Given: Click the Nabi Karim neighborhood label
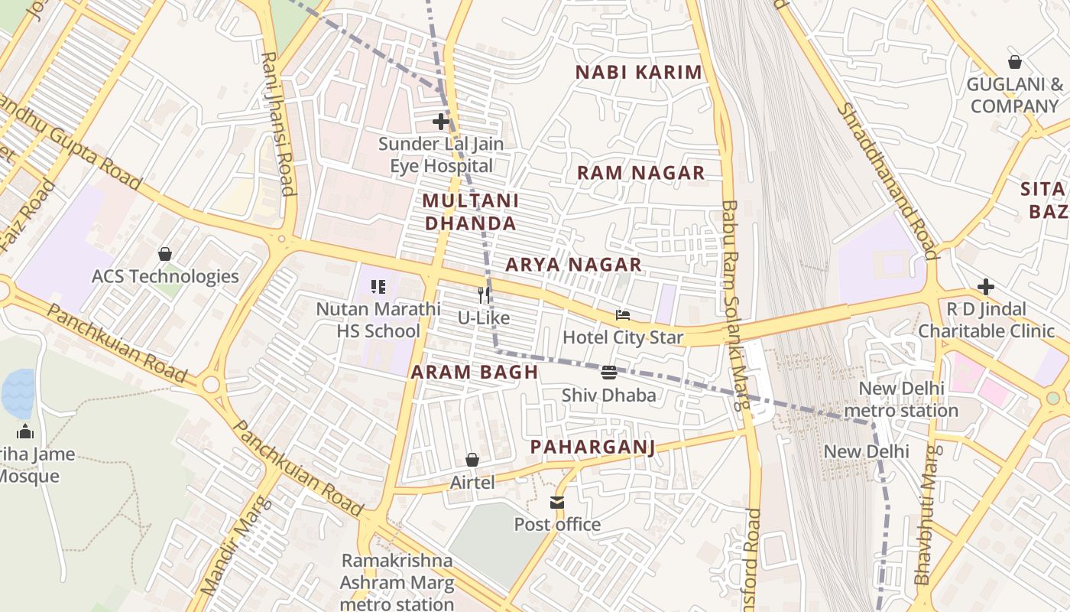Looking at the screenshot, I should click(x=638, y=73).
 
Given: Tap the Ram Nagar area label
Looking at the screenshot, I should click(x=640, y=173).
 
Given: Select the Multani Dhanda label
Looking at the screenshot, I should click(x=470, y=212).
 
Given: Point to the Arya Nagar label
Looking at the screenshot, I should click(x=573, y=265).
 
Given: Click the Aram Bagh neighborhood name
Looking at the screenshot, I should click(x=475, y=373).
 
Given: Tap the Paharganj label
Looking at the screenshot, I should click(x=593, y=447).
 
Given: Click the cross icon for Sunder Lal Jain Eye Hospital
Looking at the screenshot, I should click(x=441, y=121).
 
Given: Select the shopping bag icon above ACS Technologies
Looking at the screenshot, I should click(x=165, y=254).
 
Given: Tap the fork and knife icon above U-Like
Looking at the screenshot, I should click(x=483, y=295).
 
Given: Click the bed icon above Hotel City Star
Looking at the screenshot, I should click(x=623, y=314).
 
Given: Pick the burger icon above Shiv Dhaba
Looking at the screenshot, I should click(x=609, y=373).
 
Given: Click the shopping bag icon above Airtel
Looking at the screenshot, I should click(x=472, y=460).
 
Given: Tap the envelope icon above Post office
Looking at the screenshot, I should click(x=557, y=503).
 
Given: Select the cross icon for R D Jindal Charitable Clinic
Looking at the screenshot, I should click(x=986, y=287).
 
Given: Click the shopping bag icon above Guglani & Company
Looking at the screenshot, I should click(x=1015, y=62).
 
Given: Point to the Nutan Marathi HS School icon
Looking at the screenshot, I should click(x=378, y=287).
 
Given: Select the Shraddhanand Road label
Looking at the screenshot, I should click(x=887, y=181).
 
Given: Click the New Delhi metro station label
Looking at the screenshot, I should click(x=908, y=399).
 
